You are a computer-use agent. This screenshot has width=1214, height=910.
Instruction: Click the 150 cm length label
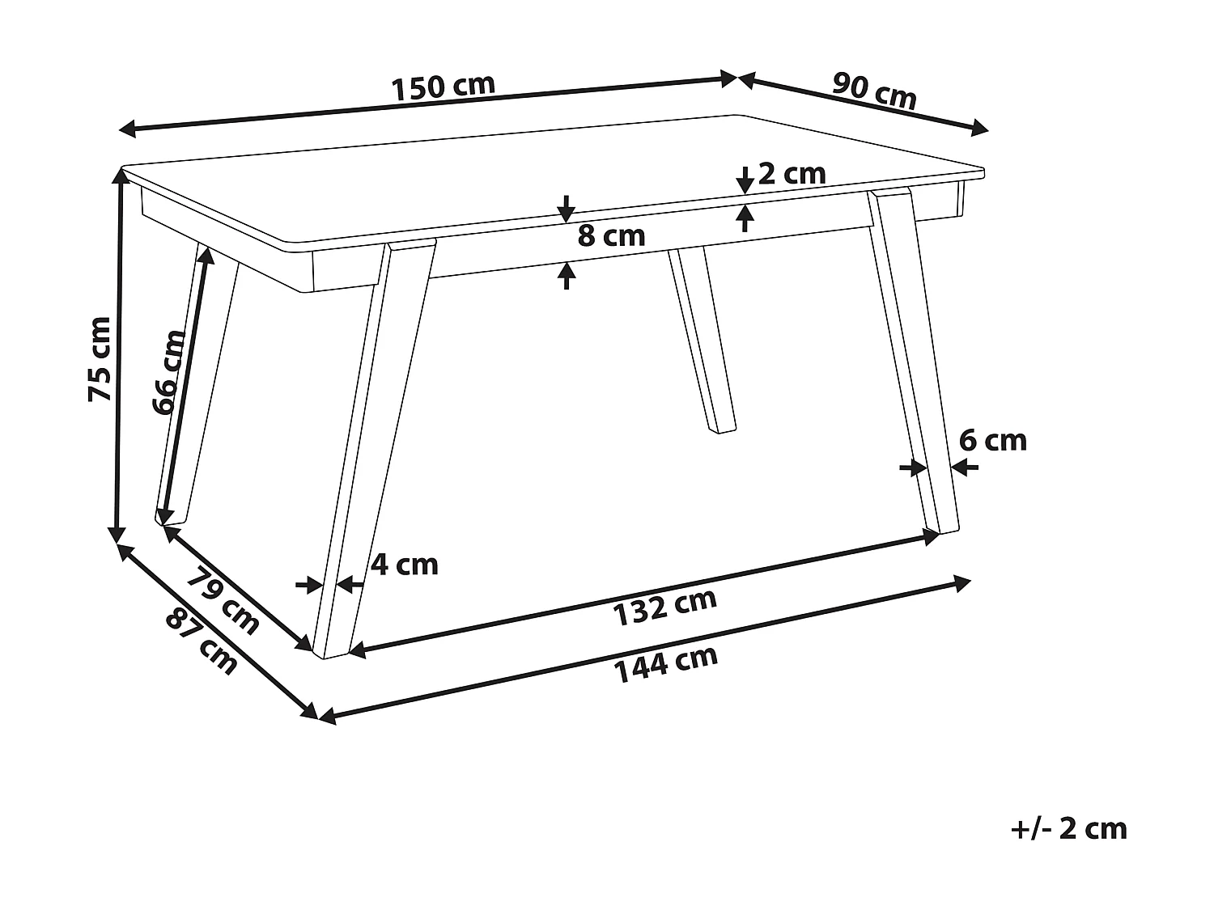[443, 87]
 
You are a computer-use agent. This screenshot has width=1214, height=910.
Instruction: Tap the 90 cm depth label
[875, 91]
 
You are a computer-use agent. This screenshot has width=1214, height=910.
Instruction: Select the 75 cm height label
[100, 359]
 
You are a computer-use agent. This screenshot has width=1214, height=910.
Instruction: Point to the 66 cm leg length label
[169, 372]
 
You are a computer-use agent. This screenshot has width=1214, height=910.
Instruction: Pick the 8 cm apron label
[612, 236]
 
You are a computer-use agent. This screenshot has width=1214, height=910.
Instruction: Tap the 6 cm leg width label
[992, 441]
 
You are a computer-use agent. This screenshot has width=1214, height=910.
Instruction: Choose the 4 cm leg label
[404, 564]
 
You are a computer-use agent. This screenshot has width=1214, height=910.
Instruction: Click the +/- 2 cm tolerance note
[1068, 829]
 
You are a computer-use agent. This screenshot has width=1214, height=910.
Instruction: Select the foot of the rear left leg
[172, 519]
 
